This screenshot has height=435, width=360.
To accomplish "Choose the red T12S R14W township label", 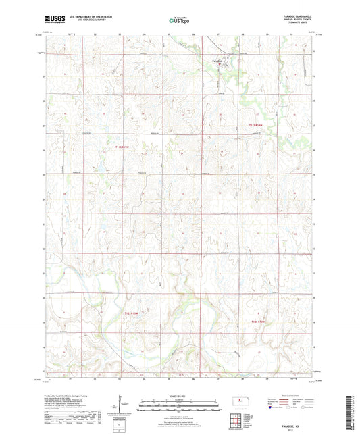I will [x=261, y=322].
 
